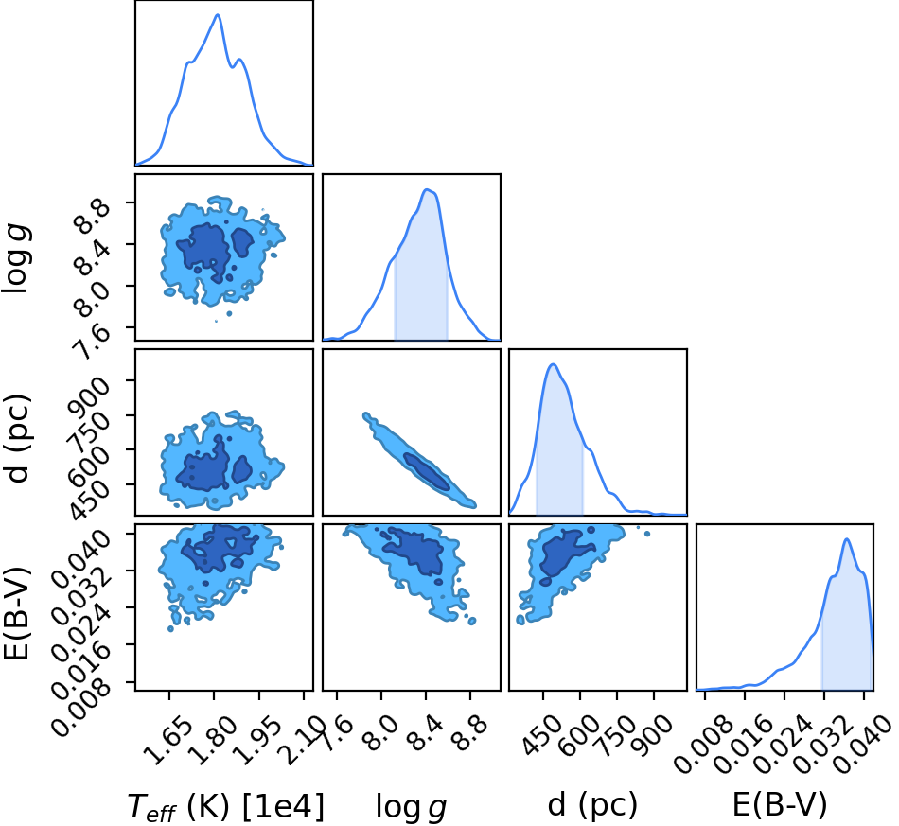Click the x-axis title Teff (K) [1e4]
(226, 806)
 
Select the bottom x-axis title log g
(411, 807)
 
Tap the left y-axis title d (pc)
(19, 438)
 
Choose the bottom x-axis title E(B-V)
(780, 805)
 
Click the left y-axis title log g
(17, 259)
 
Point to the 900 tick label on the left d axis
(88, 396)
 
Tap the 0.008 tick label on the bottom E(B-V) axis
(703, 745)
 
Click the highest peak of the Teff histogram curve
(218, 14)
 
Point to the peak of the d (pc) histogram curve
(553, 364)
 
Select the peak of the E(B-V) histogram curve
(846, 538)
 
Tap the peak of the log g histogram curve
(426, 190)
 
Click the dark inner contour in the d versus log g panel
(427, 471)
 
